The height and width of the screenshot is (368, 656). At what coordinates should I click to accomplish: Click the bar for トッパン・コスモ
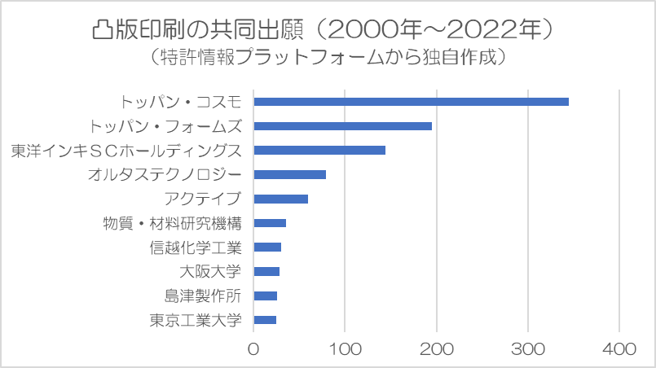coord(411,102)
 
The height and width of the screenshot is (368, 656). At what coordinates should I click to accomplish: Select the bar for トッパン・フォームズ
coord(342,126)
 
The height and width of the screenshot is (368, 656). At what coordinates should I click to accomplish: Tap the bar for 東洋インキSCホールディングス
coord(319,151)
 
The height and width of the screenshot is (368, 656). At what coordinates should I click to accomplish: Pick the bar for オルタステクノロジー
coord(289,174)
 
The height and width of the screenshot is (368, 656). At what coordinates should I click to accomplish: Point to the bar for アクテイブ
coord(280,199)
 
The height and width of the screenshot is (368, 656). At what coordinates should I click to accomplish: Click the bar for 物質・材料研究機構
coord(270,223)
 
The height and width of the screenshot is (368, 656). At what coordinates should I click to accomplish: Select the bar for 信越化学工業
coord(267,247)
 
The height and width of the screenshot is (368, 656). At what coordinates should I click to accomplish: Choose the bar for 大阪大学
coord(266,271)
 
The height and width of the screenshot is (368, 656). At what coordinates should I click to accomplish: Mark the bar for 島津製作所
coord(265,296)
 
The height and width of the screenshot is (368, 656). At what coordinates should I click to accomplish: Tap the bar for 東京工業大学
coord(265,319)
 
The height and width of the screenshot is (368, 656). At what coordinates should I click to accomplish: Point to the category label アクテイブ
coord(202,199)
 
